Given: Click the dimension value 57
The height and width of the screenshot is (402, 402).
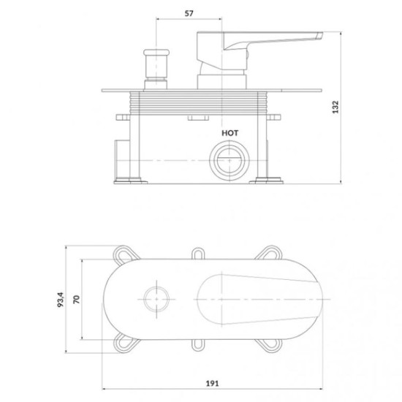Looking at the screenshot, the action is (x=189, y=13).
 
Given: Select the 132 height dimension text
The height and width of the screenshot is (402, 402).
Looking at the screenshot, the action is (x=335, y=107).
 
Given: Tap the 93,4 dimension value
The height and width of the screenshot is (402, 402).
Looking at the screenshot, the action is (x=61, y=300).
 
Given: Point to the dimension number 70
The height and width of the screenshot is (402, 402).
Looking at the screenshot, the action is (x=77, y=299).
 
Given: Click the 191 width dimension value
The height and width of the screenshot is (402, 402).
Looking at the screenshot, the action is (x=213, y=383).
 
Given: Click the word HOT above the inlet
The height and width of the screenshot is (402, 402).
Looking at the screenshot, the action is (x=230, y=133).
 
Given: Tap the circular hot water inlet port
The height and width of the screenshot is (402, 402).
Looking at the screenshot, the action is (x=230, y=160).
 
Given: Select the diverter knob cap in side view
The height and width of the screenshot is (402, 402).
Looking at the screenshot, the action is (x=156, y=53).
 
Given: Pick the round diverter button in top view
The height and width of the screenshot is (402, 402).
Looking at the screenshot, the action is (x=156, y=299).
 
